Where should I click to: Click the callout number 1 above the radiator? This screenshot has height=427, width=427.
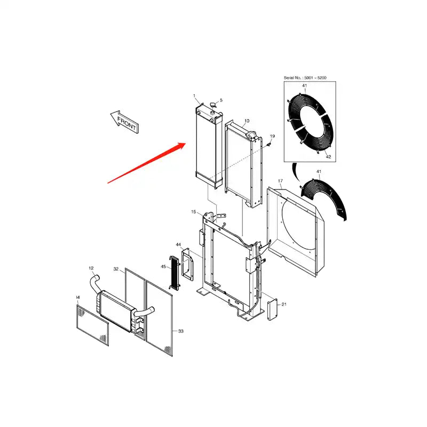tap(195, 96)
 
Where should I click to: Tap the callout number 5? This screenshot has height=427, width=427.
tap(222, 100)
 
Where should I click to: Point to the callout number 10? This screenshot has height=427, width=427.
tap(247, 121)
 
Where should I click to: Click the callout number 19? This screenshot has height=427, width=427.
tap(272, 137)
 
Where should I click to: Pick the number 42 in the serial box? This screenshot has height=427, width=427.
tap(328, 157)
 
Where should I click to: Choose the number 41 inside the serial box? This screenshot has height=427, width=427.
tap(304, 85)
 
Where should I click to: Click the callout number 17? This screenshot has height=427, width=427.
tap(280, 181)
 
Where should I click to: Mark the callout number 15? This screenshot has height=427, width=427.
tap(194, 212)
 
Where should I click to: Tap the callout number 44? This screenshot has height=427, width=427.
tap(179, 245)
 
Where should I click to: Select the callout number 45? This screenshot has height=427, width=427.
tap(163, 266)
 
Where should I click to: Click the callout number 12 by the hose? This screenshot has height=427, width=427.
tap(91, 268)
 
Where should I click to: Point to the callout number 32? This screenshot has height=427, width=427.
tap(116, 269)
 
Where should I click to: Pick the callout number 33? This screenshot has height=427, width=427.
tap(181, 331)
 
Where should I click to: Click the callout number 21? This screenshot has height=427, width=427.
tap(284, 305)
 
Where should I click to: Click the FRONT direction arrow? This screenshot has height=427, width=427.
tap(124, 121)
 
